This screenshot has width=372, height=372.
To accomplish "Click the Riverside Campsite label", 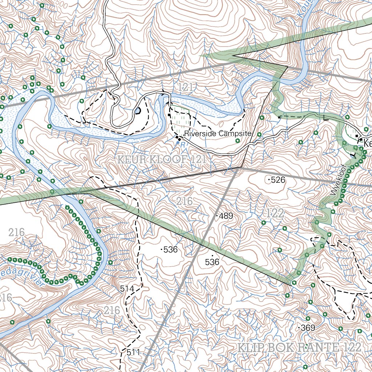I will pos(218,134).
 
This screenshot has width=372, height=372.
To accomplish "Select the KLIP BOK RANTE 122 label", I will pos(299,347).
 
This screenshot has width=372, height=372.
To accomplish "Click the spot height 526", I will pos(276,179).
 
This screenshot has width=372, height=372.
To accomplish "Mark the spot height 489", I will pos(225,216).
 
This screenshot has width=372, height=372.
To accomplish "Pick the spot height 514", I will pos(127,289).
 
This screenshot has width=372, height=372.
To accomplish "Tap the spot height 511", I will pos(133,352).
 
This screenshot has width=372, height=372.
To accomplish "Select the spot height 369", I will pos(307,328).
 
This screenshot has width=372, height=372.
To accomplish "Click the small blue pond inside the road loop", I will pos(138,110).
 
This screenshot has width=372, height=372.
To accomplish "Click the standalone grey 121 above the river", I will pos(185,87).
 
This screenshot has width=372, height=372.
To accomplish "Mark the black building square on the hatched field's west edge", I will pos(169,115).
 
